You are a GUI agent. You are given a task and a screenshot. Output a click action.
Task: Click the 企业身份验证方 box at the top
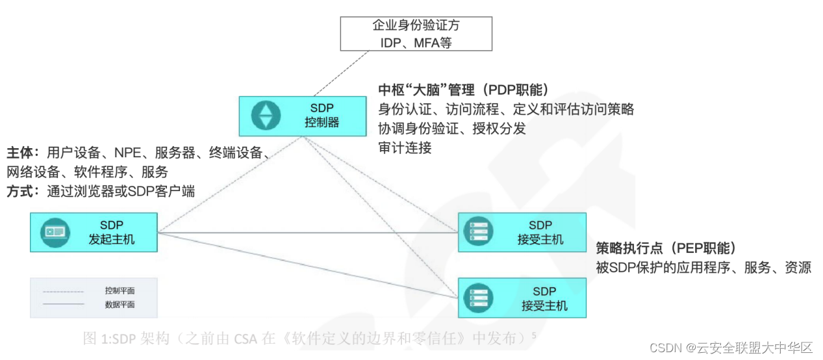pos(416,34)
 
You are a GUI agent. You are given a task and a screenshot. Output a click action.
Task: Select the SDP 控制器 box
pos(302,116)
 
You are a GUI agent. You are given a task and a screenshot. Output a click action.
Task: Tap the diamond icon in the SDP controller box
pos(266,116)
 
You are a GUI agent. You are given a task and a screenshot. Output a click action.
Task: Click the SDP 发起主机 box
pos(94,232)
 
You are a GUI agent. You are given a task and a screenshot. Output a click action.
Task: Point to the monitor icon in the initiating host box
pos(55,232)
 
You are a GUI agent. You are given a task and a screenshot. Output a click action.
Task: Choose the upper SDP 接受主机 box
pos(522,232)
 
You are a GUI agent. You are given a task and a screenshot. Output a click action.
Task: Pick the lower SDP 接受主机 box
pos(523,298)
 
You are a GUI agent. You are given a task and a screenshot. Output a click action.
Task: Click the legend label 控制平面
pos(120,290)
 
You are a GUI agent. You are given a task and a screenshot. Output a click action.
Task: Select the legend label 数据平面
pos(120,304)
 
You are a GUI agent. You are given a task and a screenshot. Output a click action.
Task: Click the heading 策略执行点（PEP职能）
pos(666,248)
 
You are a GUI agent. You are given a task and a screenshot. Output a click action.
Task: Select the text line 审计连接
pos(404,148)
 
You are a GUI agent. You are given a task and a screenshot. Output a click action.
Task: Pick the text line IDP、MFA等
pos(416,42)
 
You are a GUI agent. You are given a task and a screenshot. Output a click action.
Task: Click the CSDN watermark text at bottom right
pos(731,348)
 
